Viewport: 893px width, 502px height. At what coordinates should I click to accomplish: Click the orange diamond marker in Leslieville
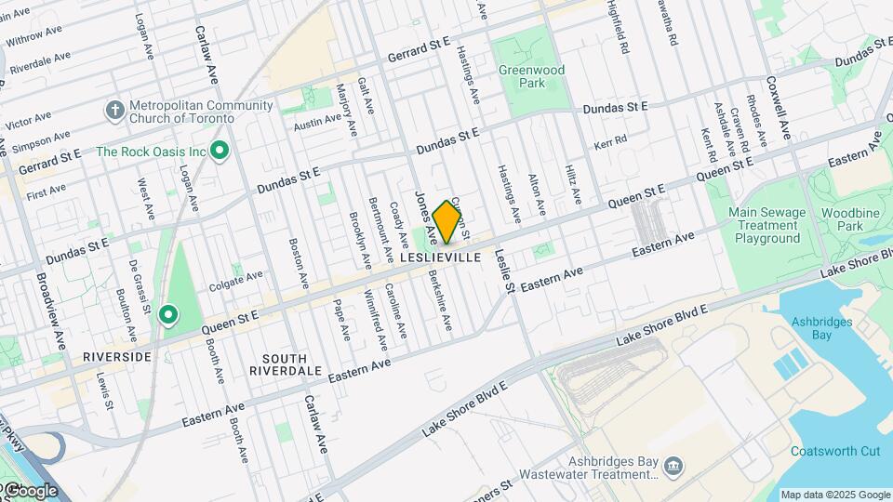(447, 221)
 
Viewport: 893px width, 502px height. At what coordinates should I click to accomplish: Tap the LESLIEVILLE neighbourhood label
(440, 257)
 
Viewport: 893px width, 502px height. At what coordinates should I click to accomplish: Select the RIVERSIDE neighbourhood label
(116, 356)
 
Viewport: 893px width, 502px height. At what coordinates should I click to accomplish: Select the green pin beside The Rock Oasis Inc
(220, 151)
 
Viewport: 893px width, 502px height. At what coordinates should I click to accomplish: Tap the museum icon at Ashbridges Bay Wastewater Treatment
(673, 464)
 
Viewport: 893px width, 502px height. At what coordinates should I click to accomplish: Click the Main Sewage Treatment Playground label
(766, 225)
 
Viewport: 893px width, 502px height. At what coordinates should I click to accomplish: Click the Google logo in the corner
(30, 490)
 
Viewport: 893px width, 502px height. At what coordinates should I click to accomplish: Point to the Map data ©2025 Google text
(834, 495)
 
